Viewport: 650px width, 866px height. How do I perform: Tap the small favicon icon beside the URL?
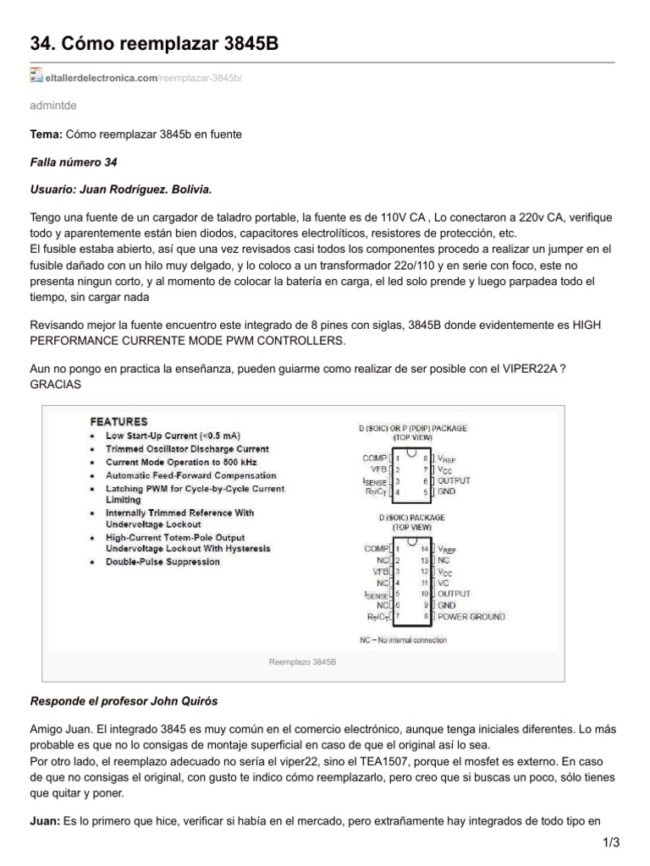click(36, 77)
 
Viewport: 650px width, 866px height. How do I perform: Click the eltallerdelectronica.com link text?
click(102, 79)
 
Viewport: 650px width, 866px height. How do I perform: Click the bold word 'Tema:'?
click(46, 135)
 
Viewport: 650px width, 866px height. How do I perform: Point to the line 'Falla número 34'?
click(74, 162)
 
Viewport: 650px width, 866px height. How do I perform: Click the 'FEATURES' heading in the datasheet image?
click(118, 421)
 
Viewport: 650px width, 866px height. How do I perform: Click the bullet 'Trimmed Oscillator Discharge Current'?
click(187, 449)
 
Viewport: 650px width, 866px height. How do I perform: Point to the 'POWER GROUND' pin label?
click(471, 617)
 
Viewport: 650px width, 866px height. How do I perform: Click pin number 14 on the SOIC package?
click(426, 549)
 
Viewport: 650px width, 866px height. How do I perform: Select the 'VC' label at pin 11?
click(443, 583)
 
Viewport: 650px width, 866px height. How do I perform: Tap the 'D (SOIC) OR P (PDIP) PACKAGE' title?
click(411, 428)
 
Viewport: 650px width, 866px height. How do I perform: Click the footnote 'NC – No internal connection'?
click(403, 640)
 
